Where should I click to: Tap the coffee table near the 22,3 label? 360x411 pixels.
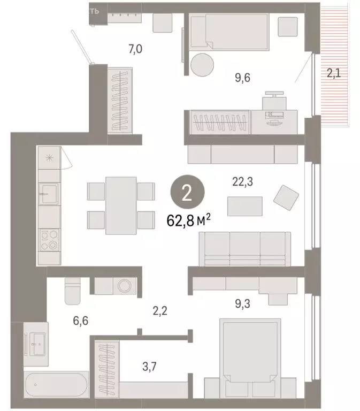[x=245, y=206]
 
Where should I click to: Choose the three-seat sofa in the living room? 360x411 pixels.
[x=244, y=249]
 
